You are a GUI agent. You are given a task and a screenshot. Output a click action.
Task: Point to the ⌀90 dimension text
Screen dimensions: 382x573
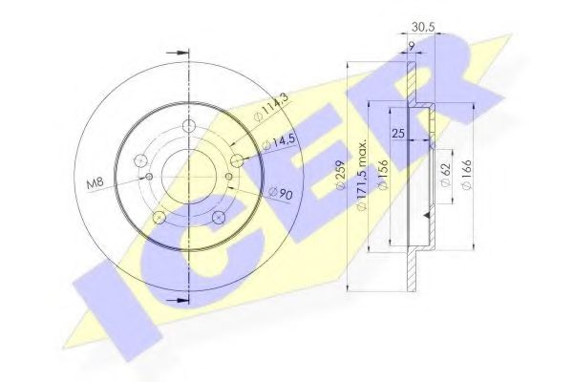[x=279, y=194]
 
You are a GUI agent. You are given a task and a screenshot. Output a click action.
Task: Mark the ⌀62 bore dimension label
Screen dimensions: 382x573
[x=446, y=174]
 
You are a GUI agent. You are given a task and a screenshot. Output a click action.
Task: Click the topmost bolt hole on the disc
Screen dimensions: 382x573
[x=188, y=127]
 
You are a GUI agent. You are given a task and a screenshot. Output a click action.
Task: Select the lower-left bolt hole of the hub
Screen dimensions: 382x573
[x=160, y=218]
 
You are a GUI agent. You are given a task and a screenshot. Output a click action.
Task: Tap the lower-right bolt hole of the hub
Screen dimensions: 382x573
[x=218, y=219]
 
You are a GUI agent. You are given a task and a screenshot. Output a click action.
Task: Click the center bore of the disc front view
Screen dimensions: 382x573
[x=189, y=175]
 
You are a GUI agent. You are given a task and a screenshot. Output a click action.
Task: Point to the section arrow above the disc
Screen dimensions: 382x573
[x=176, y=51]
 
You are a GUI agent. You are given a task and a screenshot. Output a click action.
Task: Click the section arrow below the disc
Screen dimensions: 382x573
[x=176, y=298]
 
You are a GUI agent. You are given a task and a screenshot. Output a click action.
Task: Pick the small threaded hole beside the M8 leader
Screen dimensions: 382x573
[x=148, y=177]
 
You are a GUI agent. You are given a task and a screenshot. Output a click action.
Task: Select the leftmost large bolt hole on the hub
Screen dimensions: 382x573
[x=141, y=160]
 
